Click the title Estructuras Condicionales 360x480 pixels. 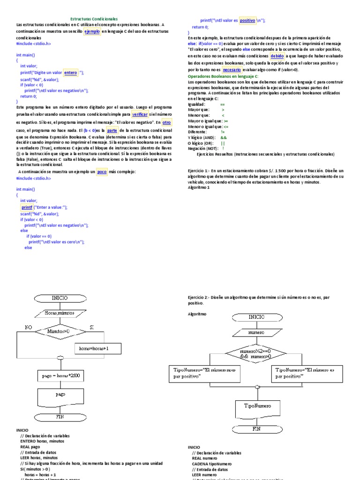click(97, 19)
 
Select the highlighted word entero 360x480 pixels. click(70, 73)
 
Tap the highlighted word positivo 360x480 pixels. click(247, 21)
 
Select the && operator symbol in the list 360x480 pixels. click(223, 137)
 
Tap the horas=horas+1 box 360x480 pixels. click(98, 348)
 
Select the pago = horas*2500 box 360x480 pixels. click(60, 376)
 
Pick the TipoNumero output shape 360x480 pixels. click(256, 405)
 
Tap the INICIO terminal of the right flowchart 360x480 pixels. click(256, 317)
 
